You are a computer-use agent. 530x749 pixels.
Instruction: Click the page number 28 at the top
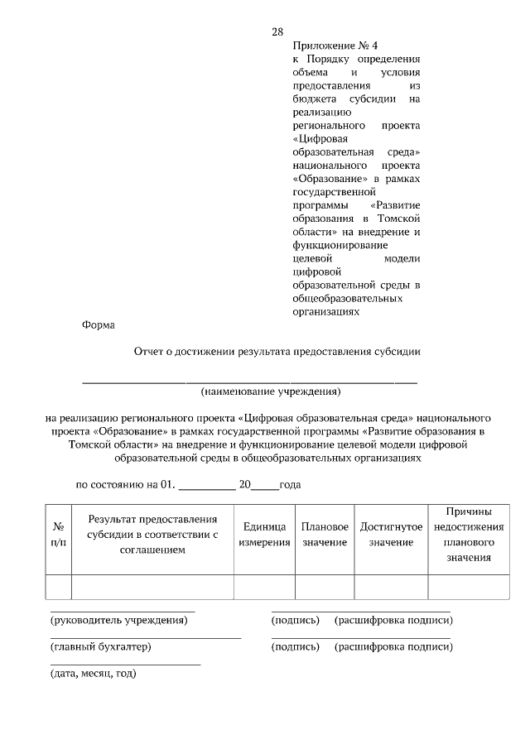(x=277, y=32)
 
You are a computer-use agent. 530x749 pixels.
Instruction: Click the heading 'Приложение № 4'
(x=329, y=46)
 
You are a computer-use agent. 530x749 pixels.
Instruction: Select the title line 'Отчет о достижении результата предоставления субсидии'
(x=277, y=351)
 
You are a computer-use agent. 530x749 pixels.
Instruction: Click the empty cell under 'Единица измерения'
(x=264, y=586)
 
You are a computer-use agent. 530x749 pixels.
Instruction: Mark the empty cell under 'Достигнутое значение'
(x=391, y=586)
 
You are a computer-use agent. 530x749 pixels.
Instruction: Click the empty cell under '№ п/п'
(x=59, y=586)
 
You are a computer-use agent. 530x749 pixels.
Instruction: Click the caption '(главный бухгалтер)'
(x=101, y=646)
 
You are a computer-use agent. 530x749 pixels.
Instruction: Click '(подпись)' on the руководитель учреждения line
(x=295, y=620)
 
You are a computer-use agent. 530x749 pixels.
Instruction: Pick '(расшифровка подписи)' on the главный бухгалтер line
(x=393, y=646)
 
